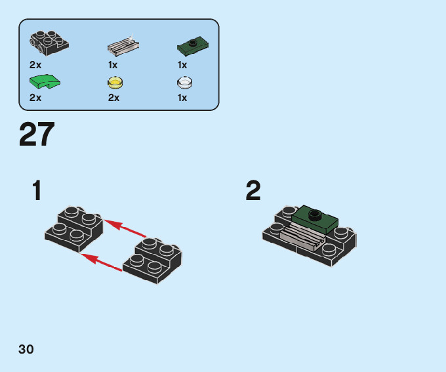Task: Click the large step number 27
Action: (37, 134)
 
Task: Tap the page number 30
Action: (26, 349)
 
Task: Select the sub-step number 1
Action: (37, 190)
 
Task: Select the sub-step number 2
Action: (253, 190)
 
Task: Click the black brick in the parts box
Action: (49, 43)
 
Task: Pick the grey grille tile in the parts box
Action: (123, 45)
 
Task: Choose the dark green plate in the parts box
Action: (193, 45)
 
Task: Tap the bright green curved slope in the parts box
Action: (45, 81)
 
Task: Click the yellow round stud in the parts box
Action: (115, 83)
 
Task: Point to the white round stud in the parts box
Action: (184, 83)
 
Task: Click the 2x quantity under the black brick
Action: (35, 65)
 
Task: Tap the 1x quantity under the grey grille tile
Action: (113, 65)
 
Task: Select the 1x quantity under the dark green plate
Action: (182, 65)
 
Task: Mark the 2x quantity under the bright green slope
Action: (35, 98)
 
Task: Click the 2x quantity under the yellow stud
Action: (113, 98)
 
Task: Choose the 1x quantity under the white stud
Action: (182, 98)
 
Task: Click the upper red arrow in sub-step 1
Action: (125, 228)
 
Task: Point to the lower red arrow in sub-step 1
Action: (101, 262)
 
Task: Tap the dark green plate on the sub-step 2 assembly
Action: (315, 219)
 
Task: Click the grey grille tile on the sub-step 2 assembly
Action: (302, 236)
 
